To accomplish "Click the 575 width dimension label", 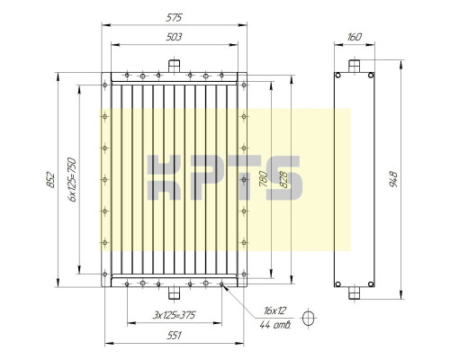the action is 174,18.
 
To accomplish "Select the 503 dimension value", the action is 174,37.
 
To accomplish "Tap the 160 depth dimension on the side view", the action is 355,37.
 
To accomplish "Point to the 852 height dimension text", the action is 51,180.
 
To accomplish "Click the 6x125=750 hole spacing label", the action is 72,179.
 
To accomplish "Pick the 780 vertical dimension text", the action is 263,179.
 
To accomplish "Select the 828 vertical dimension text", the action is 283,179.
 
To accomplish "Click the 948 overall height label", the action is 393,179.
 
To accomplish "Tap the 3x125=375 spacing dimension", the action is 174,315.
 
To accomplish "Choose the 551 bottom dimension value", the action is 174,335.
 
